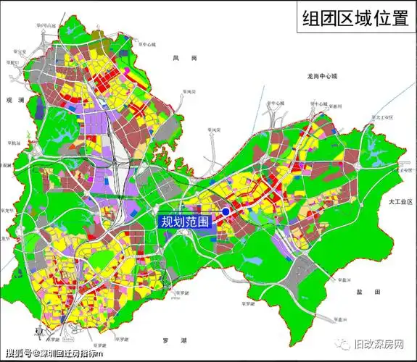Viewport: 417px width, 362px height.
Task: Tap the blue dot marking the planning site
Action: (226, 211)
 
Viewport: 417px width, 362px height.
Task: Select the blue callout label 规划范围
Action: (184, 222)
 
